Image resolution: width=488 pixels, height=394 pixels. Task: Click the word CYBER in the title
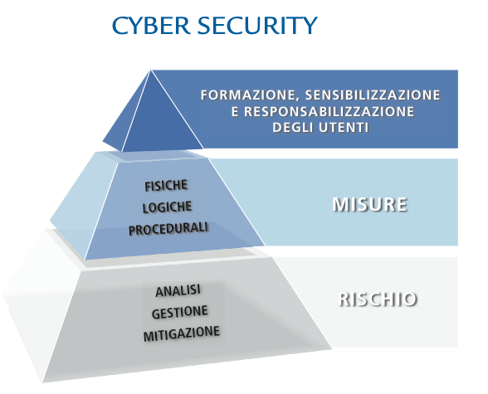click(151, 25)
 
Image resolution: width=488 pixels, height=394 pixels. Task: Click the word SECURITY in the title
click(257, 25)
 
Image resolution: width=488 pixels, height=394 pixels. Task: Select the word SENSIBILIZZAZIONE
click(373, 95)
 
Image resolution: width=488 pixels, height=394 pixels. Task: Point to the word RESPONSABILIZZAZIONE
click(329, 111)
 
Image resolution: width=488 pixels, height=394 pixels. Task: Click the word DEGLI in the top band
click(292, 128)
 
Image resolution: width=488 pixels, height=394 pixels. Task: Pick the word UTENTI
click(344, 128)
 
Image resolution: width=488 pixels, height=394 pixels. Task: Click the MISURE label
click(370, 204)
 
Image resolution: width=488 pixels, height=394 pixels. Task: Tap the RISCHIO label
click(378, 299)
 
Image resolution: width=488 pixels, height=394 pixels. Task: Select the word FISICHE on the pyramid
click(166, 185)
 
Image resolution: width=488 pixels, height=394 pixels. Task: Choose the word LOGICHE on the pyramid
click(167, 207)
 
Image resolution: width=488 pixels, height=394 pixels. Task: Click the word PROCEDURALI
click(168, 229)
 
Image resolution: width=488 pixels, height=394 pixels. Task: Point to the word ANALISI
click(178, 291)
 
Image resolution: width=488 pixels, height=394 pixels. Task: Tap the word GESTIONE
click(179, 312)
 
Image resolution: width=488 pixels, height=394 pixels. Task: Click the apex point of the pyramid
click(151, 70)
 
